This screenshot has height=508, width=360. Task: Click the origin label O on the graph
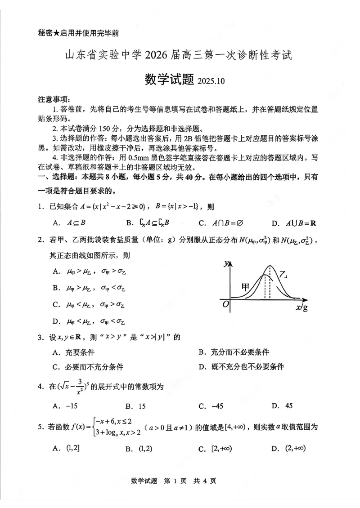[226, 305]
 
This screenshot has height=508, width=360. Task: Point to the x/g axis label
[302, 307]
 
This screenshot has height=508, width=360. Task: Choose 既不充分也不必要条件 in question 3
[241, 367]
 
